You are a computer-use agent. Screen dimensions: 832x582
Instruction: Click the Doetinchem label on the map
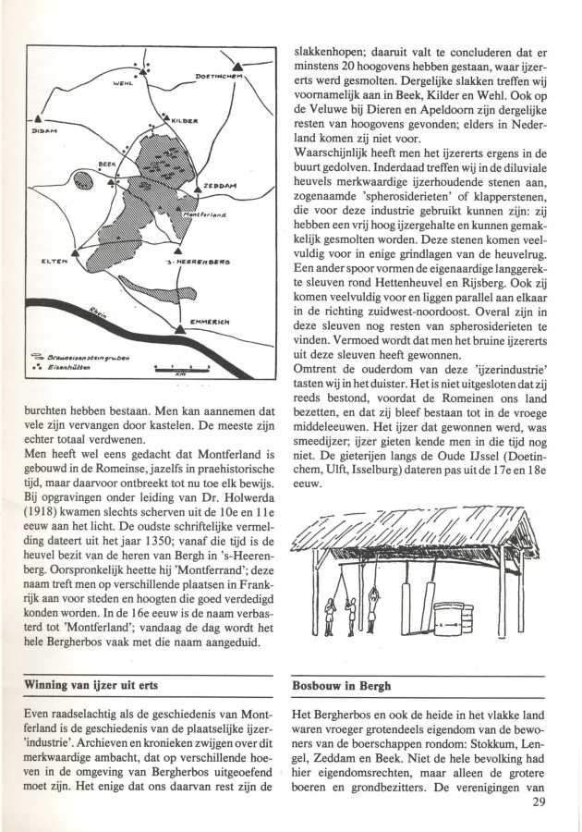pos(217,77)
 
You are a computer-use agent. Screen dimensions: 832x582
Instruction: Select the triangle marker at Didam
pos(36,117)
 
